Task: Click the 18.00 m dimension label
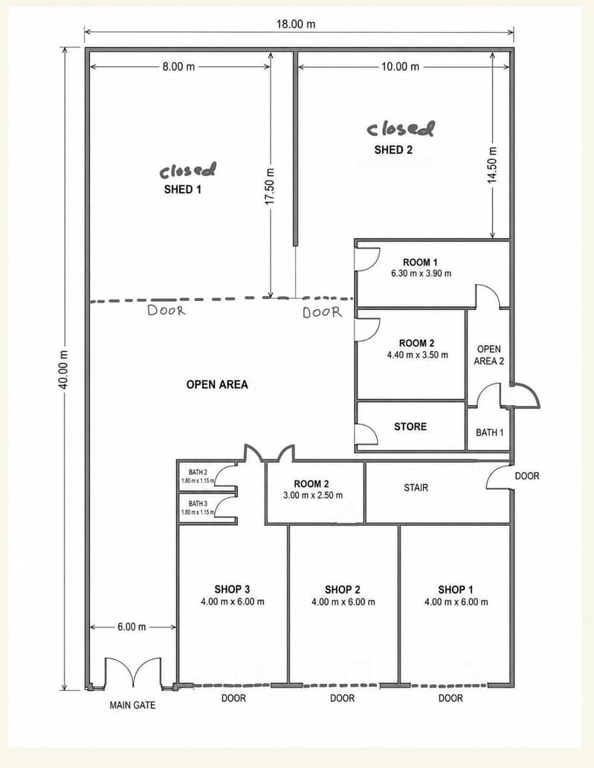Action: coord(296,24)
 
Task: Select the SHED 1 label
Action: coord(183,189)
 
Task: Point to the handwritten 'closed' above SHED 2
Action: coord(401,129)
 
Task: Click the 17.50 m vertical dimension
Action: coord(270,187)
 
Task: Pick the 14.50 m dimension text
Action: coord(492,165)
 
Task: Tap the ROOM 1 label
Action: coord(420,262)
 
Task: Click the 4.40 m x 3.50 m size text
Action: coord(417,355)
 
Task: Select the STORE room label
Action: coord(410,427)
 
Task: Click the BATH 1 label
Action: coord(490,433)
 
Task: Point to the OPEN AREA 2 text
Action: coord(488,355)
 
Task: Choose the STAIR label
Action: coord(416,488)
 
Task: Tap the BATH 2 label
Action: coord(198,472)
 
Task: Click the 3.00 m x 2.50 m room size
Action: coord(313,495)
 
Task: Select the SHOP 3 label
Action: coord(232,590)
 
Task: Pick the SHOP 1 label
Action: coord(456,590)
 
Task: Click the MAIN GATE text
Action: coord(132,706)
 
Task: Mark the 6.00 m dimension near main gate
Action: coord(132,627)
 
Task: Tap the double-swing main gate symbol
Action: coord(133,673)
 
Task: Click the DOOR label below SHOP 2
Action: coord(342,698)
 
